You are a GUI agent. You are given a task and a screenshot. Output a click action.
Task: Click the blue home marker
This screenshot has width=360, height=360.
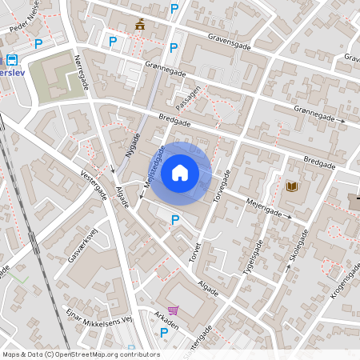click(x=180, y=173)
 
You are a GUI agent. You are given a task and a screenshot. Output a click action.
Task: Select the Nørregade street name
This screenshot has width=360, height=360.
click(x=82, y=76)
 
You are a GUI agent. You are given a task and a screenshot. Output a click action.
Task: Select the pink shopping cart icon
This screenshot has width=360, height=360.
click(x=173, y=310)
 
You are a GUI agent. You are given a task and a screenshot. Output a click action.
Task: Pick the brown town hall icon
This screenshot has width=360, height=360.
click(x=141, y=24)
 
